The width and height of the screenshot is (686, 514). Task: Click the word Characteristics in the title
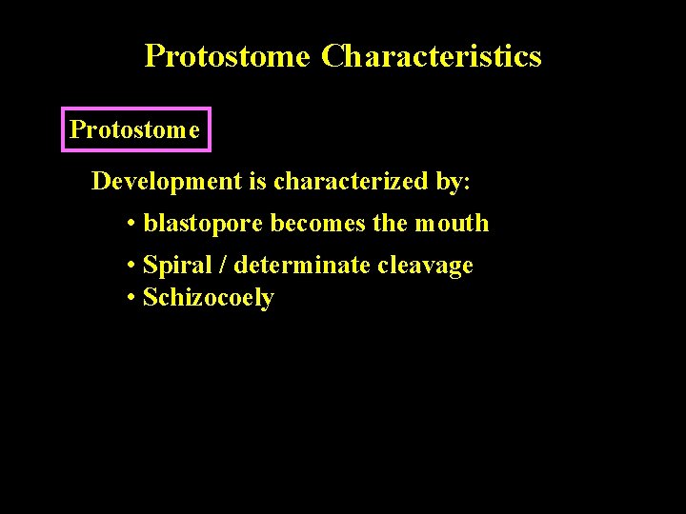[431, 56]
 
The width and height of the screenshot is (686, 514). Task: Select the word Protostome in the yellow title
[227, 56]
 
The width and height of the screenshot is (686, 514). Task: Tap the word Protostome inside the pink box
[135, 129]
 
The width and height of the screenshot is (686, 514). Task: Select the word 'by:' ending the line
[454, 181]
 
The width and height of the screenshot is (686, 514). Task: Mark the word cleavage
[425, 266]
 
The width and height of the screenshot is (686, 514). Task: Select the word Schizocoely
[208, 298]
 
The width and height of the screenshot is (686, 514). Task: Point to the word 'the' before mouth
[390, 224]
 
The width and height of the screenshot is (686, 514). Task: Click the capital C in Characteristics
[333, 56]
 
